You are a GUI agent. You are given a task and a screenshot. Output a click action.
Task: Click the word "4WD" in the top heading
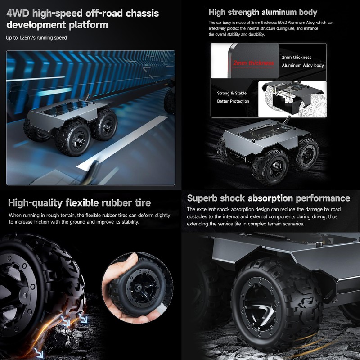pyautogui.click(x=19, y=13)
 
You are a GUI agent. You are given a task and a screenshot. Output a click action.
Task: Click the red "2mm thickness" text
pyautogui.click(x=253, y=63)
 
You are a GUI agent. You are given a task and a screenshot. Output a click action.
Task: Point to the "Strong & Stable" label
pyautogui.click(x=232, y=93)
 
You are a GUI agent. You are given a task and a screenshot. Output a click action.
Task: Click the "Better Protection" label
pyautogui.click(x=233, y=101)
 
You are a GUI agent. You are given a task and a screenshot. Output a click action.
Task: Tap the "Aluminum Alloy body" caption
pyautogui.click(x=302, y=66)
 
